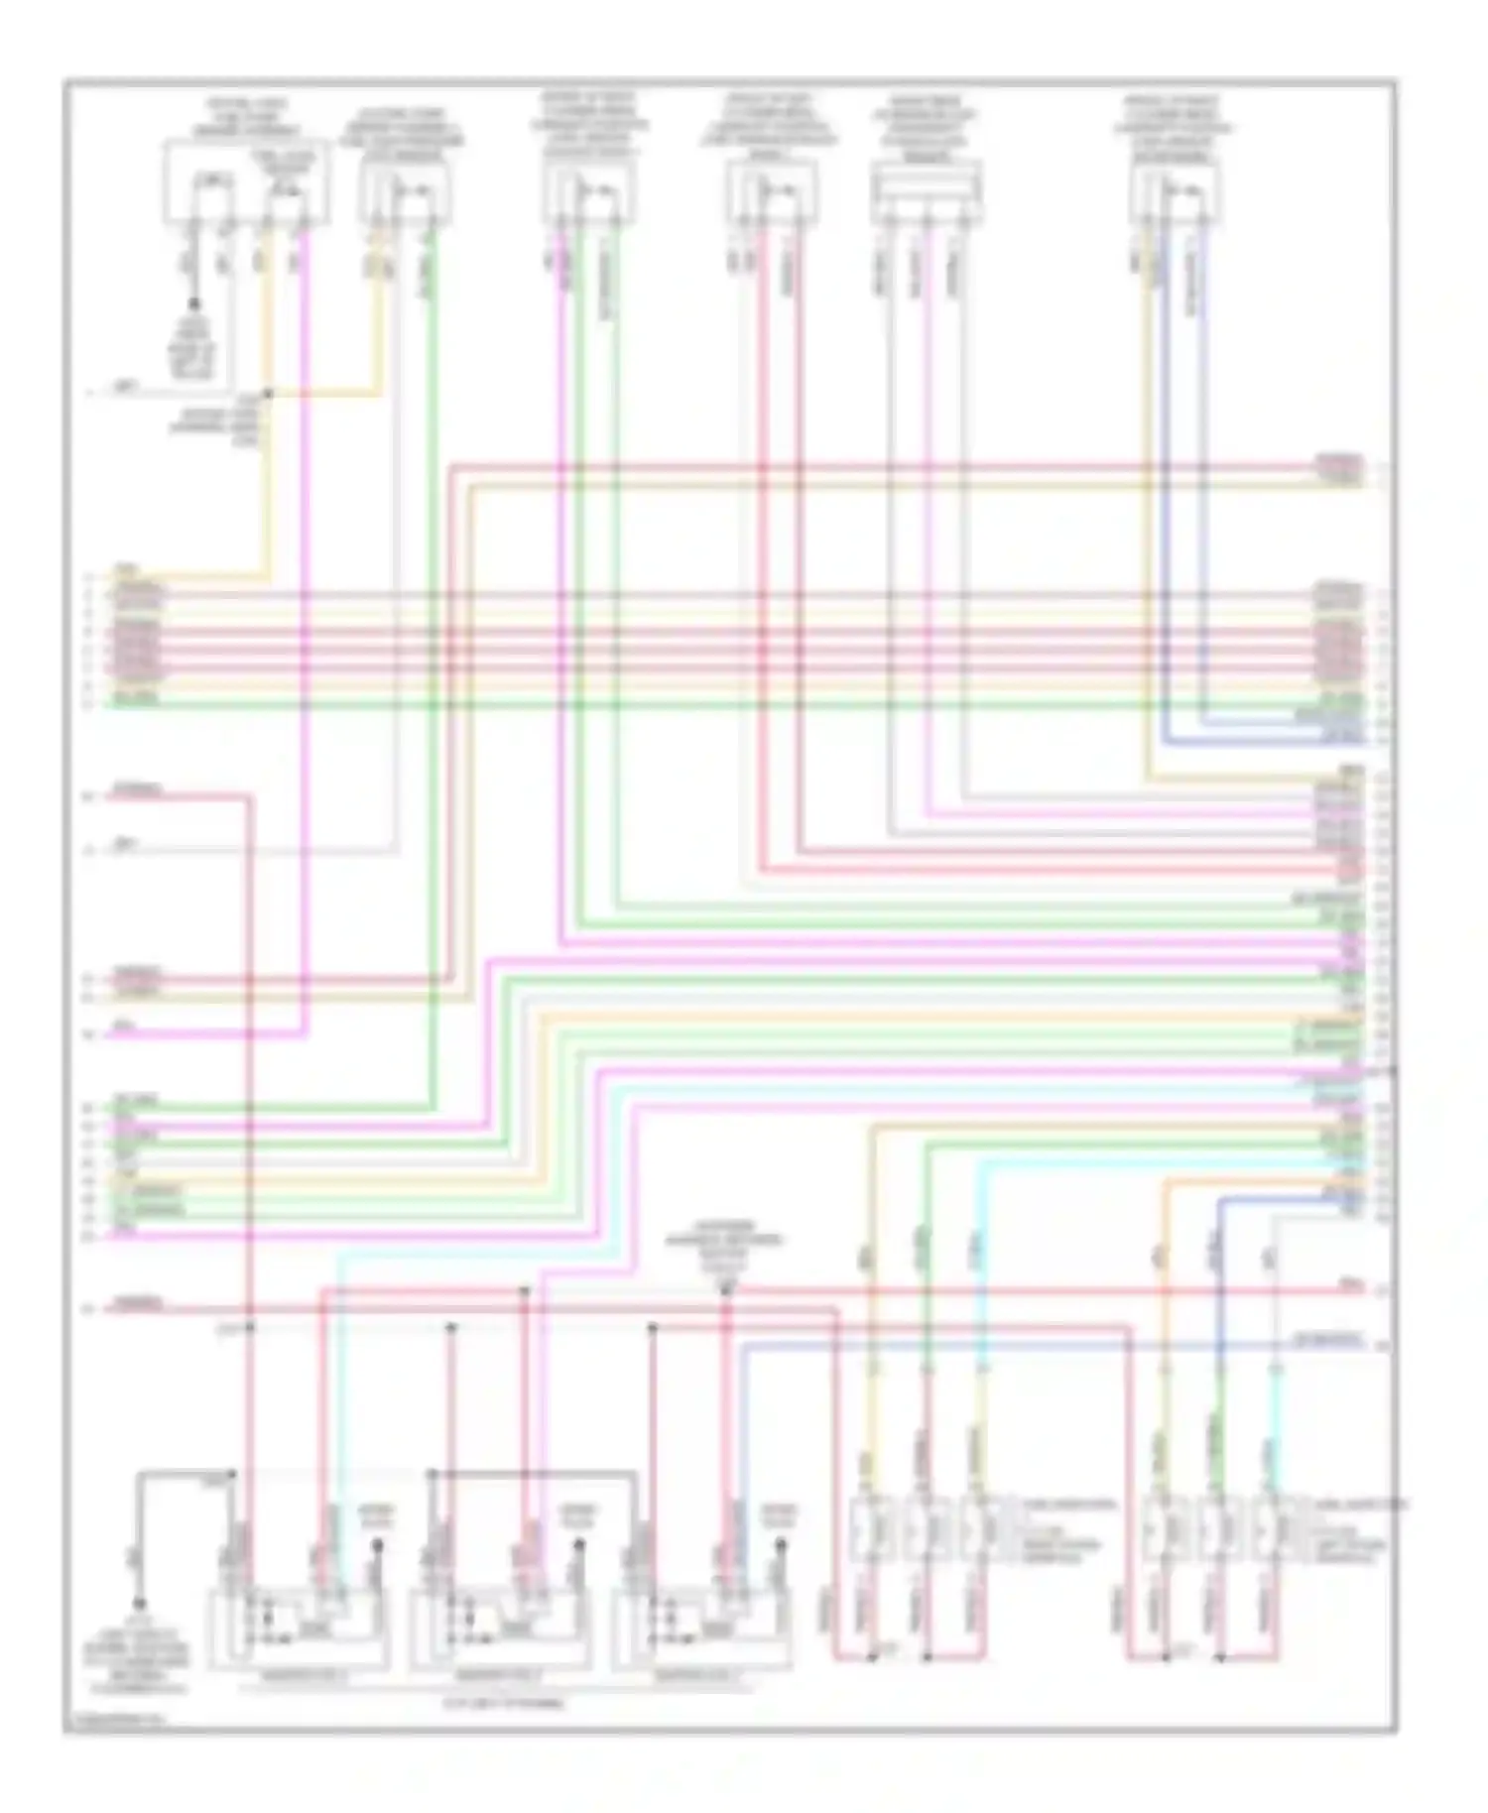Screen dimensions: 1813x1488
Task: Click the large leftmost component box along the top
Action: [x=246, y=183]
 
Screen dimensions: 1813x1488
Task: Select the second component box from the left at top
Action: [x=405, y=193]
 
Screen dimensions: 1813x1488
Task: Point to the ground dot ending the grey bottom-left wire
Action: [x=140, y=1603]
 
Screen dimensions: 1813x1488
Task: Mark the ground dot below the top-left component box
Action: [x=194, y=303]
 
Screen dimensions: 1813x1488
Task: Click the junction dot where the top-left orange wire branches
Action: [x=268, y=394]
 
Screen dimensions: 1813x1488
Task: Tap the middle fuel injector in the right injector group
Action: [x=1220, y=1528]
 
